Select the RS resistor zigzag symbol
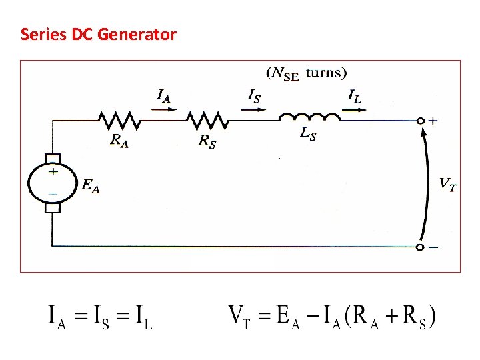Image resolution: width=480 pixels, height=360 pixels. click(x=207, y=121)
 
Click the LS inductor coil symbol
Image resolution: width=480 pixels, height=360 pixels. click(x=309, y=117)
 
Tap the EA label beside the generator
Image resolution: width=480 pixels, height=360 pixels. click(x=91, y=187)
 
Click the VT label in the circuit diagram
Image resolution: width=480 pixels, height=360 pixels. click(x=448, y=183)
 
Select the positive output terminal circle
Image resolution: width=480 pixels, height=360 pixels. click(x=420, y=121)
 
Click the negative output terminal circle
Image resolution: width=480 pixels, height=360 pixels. click(x=420, y=247)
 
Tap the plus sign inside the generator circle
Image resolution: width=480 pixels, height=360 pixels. click(x=53, y=171)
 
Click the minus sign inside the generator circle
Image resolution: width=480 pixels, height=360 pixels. click(x=53, y=194)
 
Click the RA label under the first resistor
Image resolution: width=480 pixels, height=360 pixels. click(x=119, y=140)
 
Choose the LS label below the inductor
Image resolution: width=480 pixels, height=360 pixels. click(x=307, y=134)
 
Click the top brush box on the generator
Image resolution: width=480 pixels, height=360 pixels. click(x=53, y=159)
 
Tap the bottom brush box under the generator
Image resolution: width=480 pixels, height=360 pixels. click(x=53, y=207)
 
